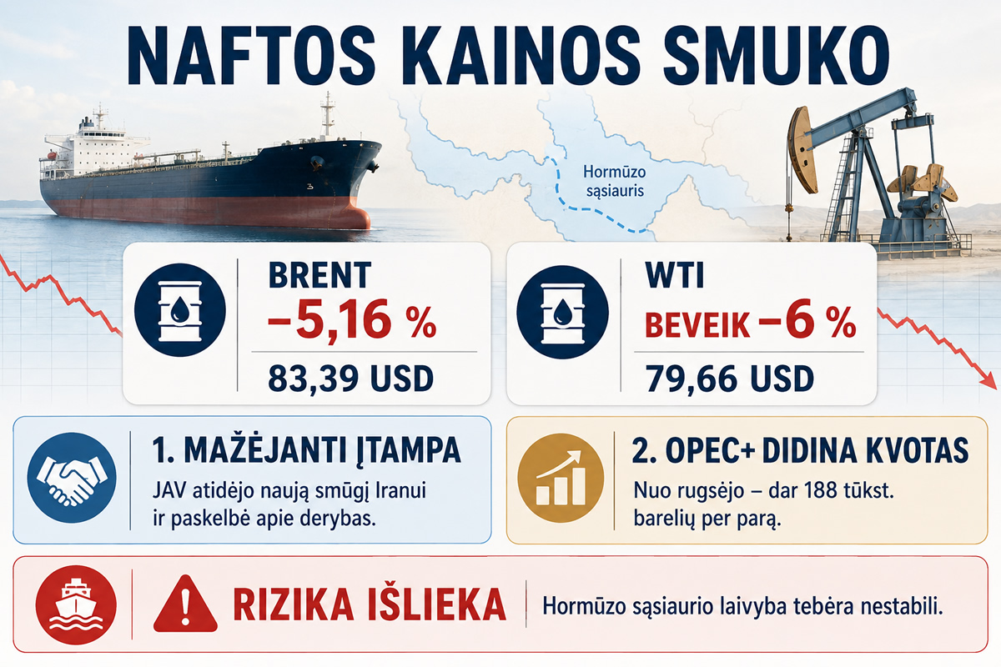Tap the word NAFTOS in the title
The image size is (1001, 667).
[249, 55]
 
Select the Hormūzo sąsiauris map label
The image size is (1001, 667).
[615, 182]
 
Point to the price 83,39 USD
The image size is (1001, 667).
[351, 379]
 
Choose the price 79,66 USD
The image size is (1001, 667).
[729, 379]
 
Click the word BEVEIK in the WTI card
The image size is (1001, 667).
[697, 325]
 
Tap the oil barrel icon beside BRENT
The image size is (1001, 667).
[180, 310]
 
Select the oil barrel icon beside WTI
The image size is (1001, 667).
[562, 312]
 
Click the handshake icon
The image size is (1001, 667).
[72, 477]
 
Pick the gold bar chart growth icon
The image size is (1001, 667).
[561, 478]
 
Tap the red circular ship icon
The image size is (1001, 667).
[76, 605]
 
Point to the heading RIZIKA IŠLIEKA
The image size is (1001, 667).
[370, 605]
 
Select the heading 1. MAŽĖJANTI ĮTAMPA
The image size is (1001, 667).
[306, 450]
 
